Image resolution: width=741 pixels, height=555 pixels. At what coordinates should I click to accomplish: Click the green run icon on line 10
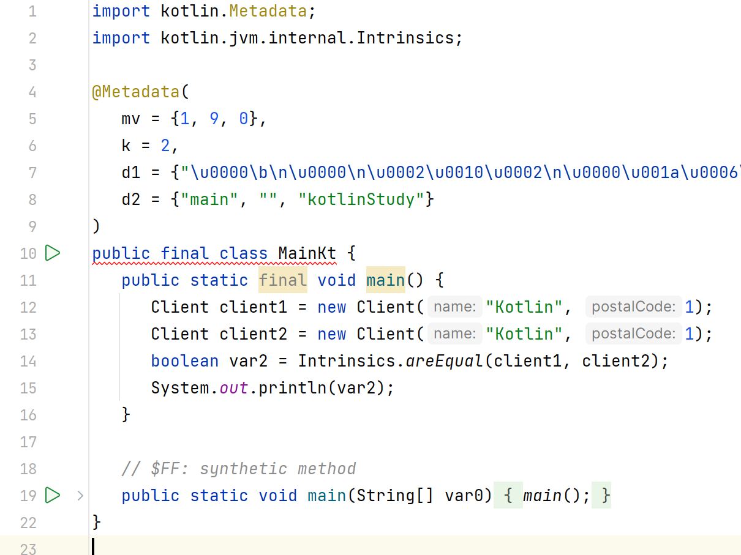(x=53, y=253)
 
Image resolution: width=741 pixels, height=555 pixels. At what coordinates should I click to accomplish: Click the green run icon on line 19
(x=53, y=495)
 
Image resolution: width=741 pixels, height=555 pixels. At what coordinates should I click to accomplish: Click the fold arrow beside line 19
(x=80, y=495)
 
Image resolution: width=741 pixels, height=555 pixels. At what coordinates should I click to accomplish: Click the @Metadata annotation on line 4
(x=137, y=92)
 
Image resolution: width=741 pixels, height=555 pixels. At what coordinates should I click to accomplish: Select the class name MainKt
(x=307, y=253)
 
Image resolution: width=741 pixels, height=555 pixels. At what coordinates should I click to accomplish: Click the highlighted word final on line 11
(x=282, y=280)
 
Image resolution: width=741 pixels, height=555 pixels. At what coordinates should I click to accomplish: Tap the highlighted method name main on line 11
(x=386, y=280)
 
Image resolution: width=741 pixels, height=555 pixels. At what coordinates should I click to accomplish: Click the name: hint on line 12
(x=454, y=307)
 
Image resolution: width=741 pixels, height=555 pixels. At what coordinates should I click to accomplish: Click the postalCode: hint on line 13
(x=633, y=334)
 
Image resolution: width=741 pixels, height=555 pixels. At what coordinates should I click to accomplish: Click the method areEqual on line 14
(x=444, y=361)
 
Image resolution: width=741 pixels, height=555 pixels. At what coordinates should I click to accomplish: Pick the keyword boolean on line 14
(x=184, y=361)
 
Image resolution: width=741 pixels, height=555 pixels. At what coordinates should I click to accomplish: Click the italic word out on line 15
(x=234, y=388)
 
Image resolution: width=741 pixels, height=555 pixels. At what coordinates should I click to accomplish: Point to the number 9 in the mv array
(x=214, y=119)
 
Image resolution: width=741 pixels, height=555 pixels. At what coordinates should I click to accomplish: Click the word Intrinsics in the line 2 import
(x=405, y=38)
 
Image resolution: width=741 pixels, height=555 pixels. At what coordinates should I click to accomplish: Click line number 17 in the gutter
(x=28, y=442)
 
